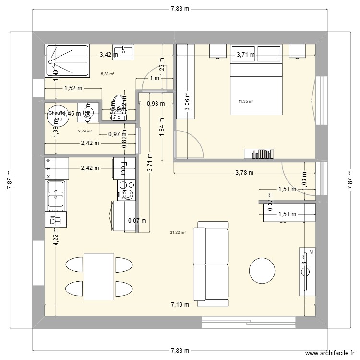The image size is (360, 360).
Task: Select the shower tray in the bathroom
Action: (67, 60)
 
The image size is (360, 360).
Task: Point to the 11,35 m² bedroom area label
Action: (245, 101)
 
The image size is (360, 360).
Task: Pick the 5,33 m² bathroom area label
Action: (108, 74)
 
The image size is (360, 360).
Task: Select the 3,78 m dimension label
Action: (244, 173)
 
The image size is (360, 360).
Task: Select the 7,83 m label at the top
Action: (180, 8)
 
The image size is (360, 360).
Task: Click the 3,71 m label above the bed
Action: (245, 55)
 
